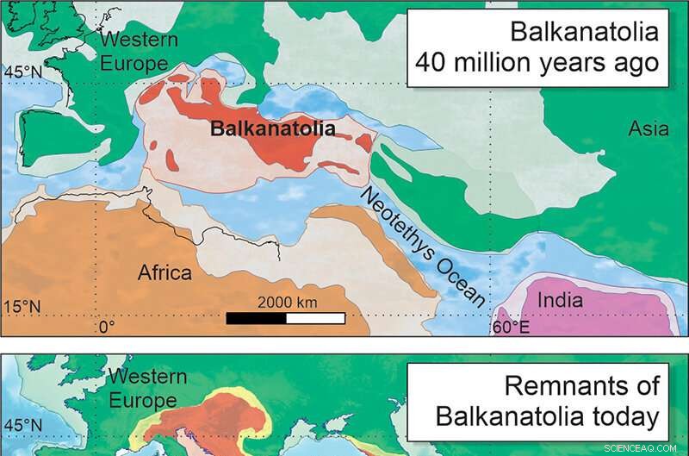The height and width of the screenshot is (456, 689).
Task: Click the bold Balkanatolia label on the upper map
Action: click(x=273, y=129)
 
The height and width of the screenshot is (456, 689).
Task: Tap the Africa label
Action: click(x=164, y=273)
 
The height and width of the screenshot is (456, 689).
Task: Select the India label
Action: click(x=561, y=301)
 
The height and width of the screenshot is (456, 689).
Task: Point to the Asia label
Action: click(x=648, y=129)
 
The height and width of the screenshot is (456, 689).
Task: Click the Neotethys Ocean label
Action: click(x=422, y=247)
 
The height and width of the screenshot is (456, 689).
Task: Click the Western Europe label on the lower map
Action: click(x=147, y=388)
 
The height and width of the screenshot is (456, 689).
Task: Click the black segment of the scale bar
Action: click(x=256, y=317)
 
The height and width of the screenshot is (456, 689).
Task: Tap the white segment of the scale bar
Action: click(x=316, y=317)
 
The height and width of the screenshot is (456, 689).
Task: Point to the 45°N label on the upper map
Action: click(x=22, y=73)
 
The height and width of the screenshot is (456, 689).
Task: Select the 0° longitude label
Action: click(x=106, y=327)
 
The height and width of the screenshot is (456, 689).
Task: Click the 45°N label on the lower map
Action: click(x=23, y=426)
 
